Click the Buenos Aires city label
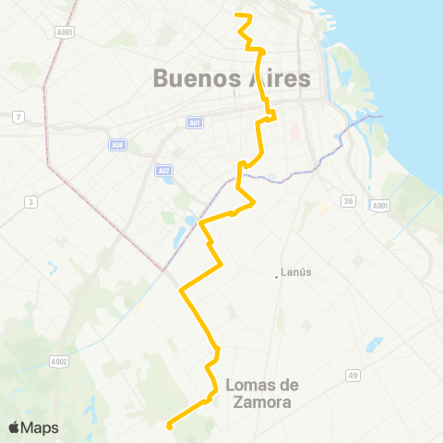coord(232,78)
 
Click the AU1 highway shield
coord(194,123)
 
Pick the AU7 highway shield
coord(163,171)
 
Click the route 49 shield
coord(353,375)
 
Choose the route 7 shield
coord(18,115)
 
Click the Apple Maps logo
coord(33,427)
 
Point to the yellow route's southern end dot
coord(169,425)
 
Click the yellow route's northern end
coord(238,15)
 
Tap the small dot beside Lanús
coord(276,273)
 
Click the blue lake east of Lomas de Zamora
coord(373,344)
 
